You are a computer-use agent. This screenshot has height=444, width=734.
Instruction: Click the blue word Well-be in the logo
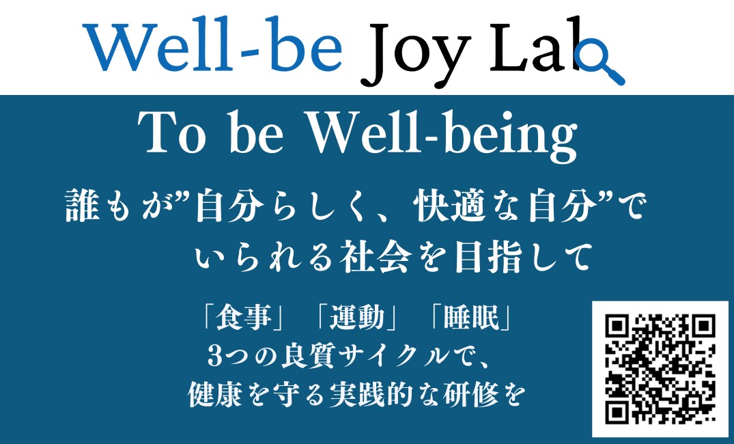click(x=213, y=46)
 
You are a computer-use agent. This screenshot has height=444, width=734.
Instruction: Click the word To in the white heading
click(x=172, y=133)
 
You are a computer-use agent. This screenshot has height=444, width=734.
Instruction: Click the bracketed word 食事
click(x=243, y=318)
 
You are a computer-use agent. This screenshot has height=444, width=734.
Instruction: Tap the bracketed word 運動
click(x=356, y=318)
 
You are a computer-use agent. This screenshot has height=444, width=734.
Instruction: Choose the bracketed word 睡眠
click(x=471, y=318)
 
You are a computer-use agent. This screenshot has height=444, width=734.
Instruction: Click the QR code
click(x=660, y=369)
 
